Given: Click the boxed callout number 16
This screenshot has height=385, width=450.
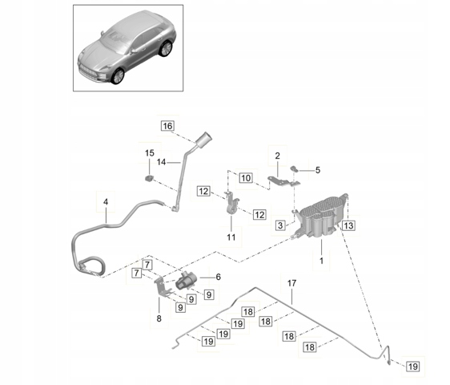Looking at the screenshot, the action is point(167,126).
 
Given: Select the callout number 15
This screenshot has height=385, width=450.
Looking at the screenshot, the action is point(150,153).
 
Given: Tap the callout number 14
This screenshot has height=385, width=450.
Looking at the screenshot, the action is point(162,163).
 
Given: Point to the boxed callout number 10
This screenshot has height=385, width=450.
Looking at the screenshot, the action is point(246,178).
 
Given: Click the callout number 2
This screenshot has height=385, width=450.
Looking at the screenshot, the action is point(277,156).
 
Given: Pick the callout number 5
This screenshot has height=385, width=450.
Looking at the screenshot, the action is point(318,170).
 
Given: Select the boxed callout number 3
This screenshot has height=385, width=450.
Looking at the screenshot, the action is point(280,225).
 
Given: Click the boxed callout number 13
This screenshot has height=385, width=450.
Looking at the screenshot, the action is point(348,225).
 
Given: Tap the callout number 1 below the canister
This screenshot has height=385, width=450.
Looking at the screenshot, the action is point(321,261).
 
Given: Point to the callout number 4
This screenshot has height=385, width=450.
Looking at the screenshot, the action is point(106,202).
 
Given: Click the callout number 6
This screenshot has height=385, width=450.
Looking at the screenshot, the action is point(219,277).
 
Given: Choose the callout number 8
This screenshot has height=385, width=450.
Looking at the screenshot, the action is point(159,318).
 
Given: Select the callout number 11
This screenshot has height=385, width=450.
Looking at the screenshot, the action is point(231,237).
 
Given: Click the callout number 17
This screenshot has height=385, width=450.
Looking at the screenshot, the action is point(291,283).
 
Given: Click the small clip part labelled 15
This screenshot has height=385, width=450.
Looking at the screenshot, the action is point(149,178).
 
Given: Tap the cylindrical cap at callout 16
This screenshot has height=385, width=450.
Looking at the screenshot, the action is point(203,140).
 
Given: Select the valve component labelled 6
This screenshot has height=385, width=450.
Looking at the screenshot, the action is point(186,281).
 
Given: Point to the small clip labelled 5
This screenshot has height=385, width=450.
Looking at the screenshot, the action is point(294,168).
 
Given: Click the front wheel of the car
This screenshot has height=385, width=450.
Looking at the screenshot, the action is point(118,76).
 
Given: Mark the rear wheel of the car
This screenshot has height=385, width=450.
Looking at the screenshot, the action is point(166,48).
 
